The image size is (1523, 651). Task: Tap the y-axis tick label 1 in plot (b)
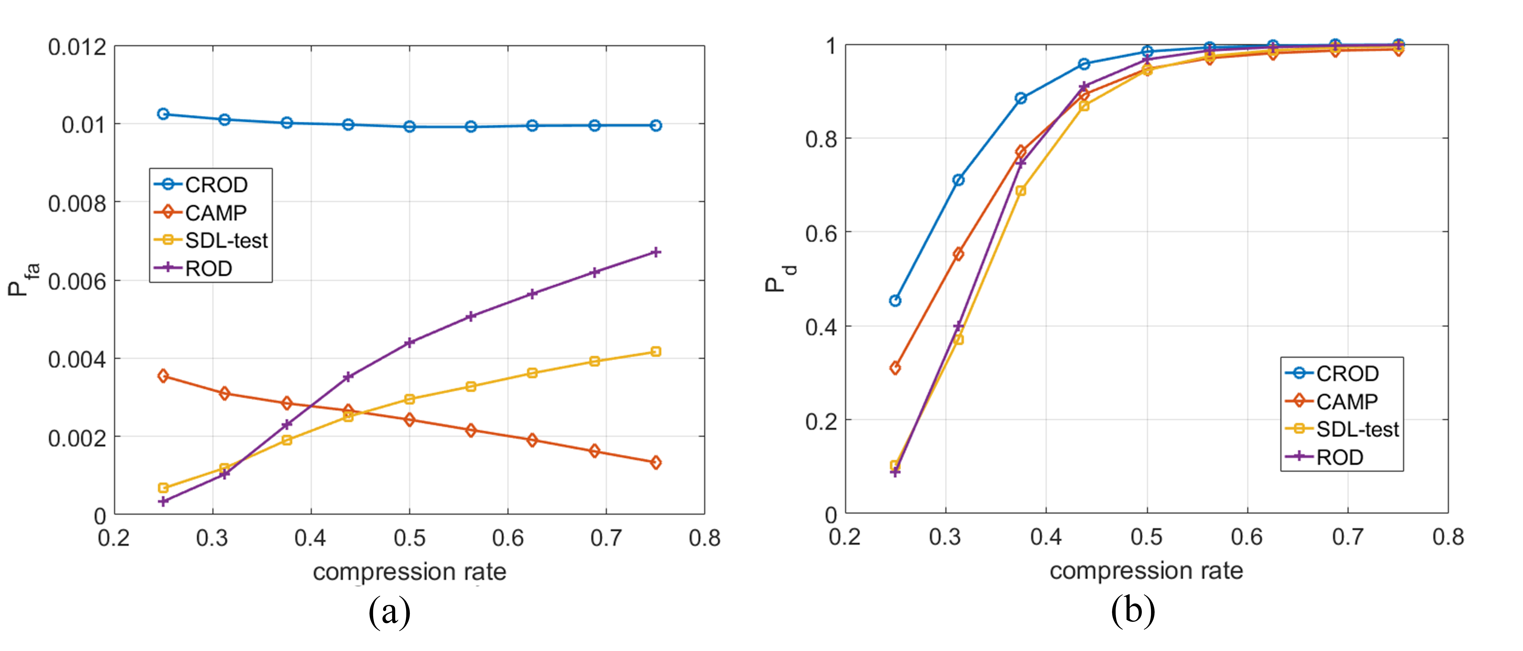831,46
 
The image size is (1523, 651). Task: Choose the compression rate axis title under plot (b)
1146,571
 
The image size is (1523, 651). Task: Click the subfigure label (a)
389,612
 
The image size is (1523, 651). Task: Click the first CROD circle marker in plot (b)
895,301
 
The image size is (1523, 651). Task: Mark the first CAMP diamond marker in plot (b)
895,368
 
